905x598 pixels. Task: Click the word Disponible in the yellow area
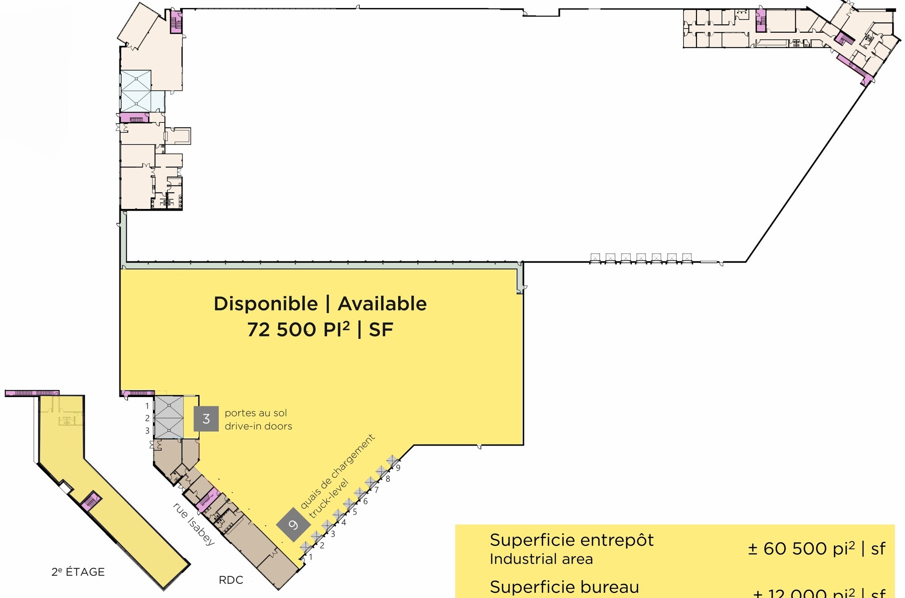pyautogui.click(x=266, y=304)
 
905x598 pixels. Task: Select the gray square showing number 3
pyautogui.click(x=206, y=419)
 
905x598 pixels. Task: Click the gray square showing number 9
pyautogui.click(x=293, y=525)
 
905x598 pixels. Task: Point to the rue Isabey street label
pyautogui.click(x=194, y=524)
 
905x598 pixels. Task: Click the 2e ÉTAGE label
pyautogui.click(x=78, y=572)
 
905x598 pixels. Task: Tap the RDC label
pyautogui.click(x=231, y=580)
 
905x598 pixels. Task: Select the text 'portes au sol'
pyautogui.click(x=256, y=413)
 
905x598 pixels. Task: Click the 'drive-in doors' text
pyautogui.click(x=259, y=427)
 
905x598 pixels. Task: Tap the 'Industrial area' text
pyautogui.click(x=541, y=560)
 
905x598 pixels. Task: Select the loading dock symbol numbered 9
pyautogui.click(x=392, y=460)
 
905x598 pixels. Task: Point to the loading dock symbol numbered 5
pyautogui.click(x=349, y=503)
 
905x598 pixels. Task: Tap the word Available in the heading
pyautogui.click(x=382, y=304)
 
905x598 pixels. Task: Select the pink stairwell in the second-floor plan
pyautogui.click(x=91, y=501)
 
